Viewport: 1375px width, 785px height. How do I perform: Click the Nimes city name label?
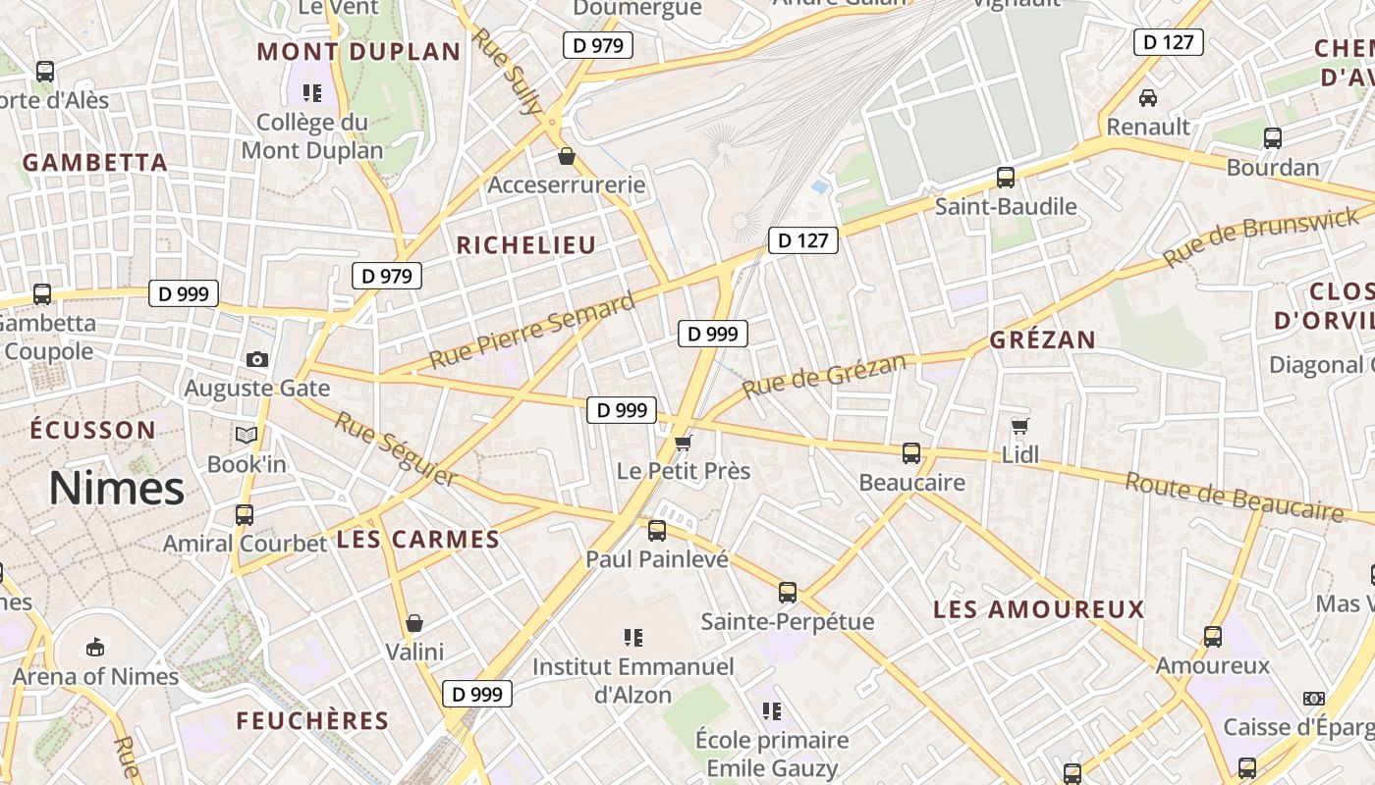coord(117,489)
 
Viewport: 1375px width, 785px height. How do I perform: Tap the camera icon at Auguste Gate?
coord(257,359)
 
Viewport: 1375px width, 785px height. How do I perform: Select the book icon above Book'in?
coord(246,435)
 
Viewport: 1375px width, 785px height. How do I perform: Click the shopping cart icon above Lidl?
coord(1020,426)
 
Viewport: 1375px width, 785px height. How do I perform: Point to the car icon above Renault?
coord(1147,97)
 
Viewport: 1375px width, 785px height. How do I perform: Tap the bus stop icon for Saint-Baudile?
coord(1006,178)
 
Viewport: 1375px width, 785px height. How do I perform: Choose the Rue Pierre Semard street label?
coord(532,331)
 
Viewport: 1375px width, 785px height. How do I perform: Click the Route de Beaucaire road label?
coord(1234,496)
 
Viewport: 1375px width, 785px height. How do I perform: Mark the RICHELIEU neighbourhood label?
coord(526,245)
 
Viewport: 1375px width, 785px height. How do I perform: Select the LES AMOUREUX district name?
coord(1039,609)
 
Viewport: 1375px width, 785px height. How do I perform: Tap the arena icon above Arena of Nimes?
coord(95,647)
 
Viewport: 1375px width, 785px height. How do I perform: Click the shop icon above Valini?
coord(414,622)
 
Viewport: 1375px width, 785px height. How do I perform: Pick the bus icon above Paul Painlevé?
coord(657,531)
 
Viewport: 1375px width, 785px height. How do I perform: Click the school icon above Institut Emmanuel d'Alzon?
coord(633,638)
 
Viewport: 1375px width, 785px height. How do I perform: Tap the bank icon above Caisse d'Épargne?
coord(1313,699)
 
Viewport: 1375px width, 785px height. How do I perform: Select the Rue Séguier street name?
coord(396,448)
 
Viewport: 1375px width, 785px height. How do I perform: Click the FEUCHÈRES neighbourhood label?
coord(313,721)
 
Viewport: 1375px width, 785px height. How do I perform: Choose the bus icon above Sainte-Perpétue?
coord(788,592)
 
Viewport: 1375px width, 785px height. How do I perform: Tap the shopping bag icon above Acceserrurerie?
coord(567,155)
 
